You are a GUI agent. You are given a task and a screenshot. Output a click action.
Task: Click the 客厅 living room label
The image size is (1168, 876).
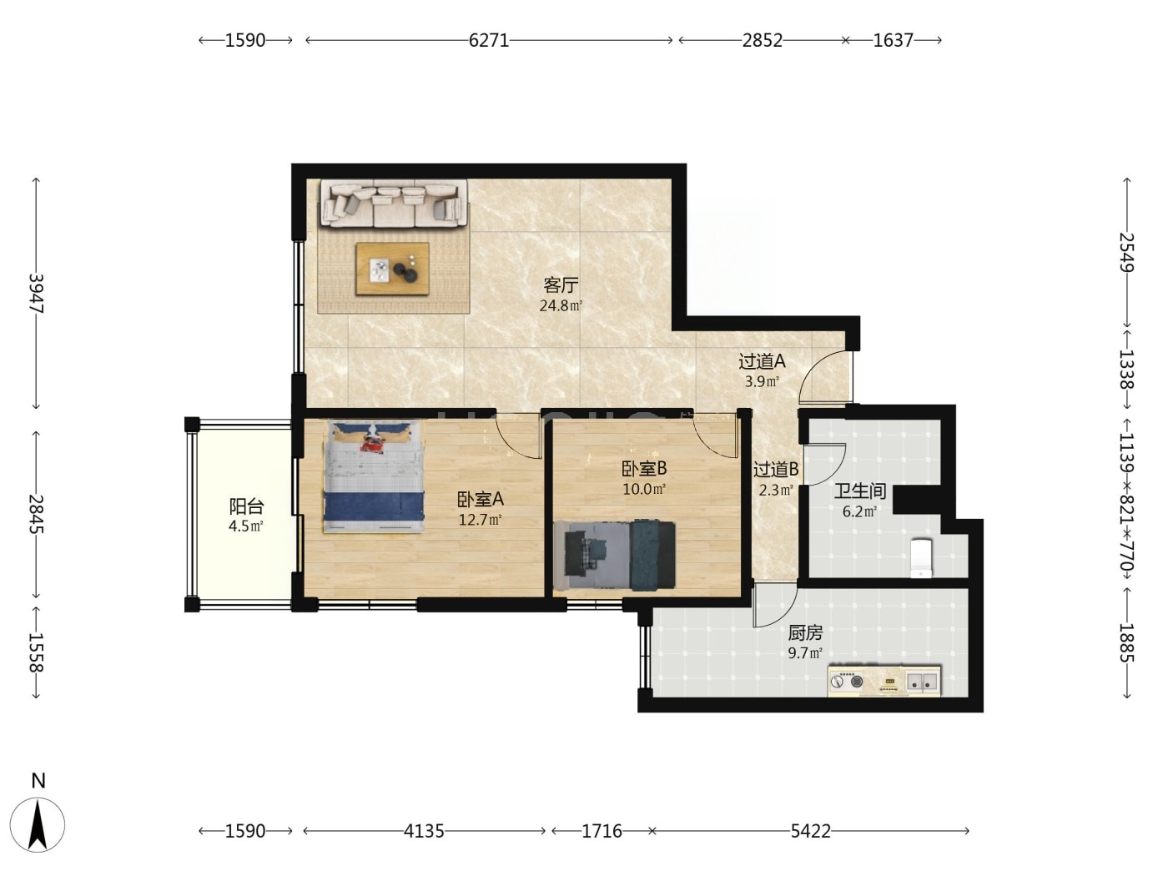pos(561,285)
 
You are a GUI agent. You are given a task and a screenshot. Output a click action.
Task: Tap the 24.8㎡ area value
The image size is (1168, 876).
pos(561,306)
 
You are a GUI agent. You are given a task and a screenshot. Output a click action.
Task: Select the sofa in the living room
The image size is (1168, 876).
pos(395,204)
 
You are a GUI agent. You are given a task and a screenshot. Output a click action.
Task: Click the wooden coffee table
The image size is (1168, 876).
pos(393,269)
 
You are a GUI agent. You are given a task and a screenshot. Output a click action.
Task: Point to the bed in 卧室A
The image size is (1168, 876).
pos(374,476)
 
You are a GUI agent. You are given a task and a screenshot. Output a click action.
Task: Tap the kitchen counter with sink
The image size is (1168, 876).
pos(884,681)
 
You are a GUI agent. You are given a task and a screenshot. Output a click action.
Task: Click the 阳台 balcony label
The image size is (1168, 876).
pos(246,506)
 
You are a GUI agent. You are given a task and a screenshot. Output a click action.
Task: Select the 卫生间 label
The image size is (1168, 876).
pos(860,491)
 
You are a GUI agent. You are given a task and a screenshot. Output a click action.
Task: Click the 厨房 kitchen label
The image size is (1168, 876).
pos(805,632)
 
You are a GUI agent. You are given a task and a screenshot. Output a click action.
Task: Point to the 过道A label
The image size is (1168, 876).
pos(762,362)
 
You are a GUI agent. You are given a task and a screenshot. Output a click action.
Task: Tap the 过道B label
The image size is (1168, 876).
pos(776,469)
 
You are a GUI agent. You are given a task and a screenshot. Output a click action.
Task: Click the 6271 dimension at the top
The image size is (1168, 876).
pos(489,40)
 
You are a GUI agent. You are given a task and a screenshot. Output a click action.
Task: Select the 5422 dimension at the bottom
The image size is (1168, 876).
pos(810,831)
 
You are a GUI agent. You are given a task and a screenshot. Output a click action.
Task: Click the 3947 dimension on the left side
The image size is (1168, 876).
pos(36,293)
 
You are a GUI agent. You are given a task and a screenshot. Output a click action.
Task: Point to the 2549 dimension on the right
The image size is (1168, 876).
pos(1127,253)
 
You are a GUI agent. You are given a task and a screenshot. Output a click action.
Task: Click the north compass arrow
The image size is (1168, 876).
pos(38,825)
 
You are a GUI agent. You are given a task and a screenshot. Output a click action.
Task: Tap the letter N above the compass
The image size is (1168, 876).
pos(38,781)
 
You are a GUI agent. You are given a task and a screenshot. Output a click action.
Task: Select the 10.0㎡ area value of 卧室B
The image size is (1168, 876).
pos(644,489)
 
